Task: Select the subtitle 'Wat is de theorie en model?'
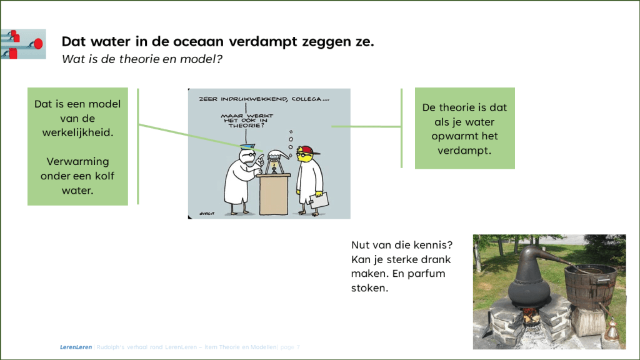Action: point(142,59)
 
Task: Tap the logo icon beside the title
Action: point(23,44)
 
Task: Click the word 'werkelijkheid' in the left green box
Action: point(77,133)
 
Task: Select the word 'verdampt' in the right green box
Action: point(464,151)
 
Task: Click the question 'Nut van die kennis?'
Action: point(402,245)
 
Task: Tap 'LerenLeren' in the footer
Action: point(67,346)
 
